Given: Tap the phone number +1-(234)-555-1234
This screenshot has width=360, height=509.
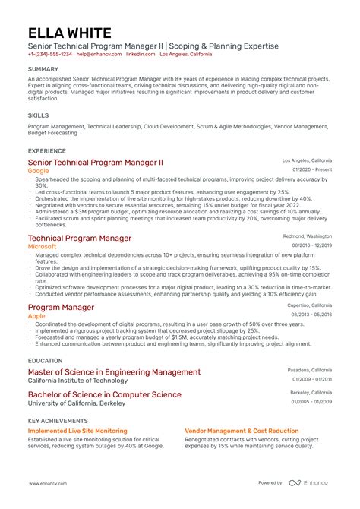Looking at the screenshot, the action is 49,55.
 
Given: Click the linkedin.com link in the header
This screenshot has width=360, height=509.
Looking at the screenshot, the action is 141,55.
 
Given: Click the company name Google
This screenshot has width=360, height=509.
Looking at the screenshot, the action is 38,172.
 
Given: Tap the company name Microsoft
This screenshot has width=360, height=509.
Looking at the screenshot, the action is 43,247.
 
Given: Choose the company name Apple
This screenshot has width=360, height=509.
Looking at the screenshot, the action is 36,315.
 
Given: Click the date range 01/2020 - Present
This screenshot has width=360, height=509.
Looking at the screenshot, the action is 311,170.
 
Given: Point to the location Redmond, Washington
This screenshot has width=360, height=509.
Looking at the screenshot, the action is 308,236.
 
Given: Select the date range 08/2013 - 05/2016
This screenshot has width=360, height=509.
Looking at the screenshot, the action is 311,314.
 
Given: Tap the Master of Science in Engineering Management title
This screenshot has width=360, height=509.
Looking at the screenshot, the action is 114,372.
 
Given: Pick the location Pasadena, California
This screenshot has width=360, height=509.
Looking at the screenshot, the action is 309,369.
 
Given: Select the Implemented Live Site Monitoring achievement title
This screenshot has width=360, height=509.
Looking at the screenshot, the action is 77,431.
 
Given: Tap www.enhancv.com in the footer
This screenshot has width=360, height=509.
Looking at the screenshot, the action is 48,483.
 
